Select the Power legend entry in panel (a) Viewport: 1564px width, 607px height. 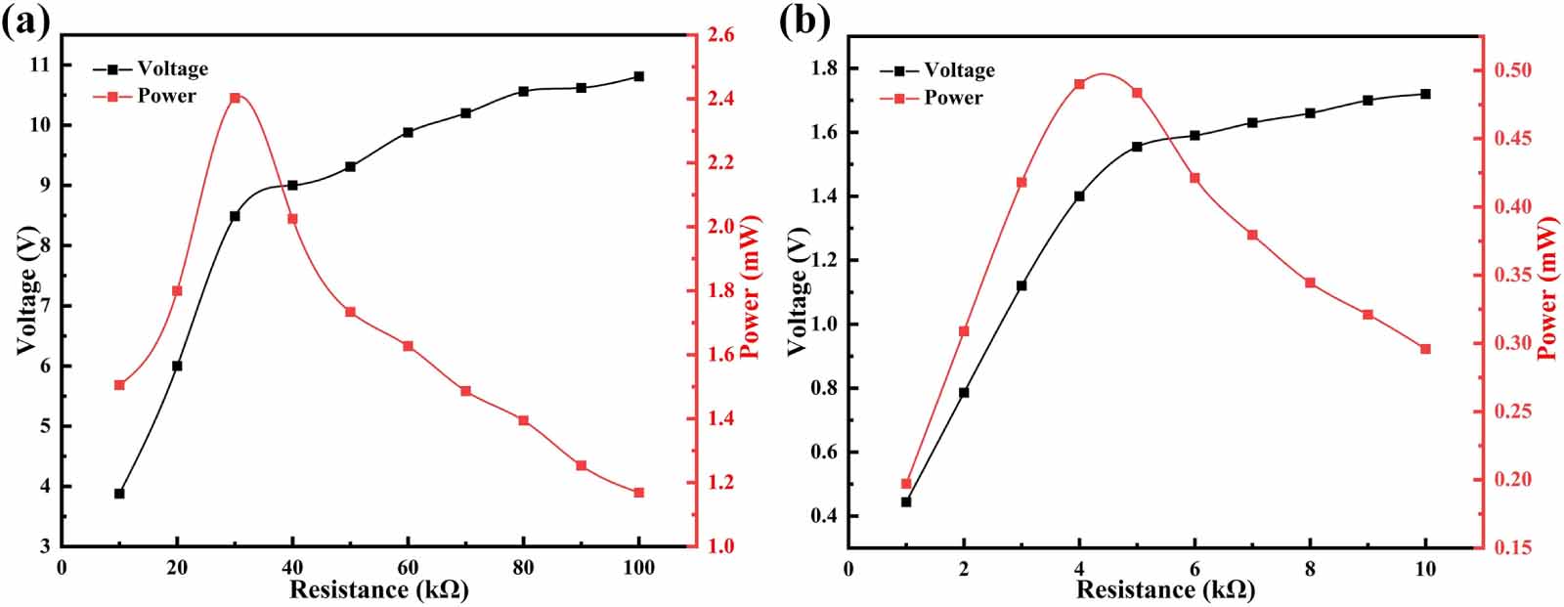click(166, 96)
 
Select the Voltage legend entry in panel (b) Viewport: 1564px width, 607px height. click(959, 70)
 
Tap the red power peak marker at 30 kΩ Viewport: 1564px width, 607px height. click(235, 98)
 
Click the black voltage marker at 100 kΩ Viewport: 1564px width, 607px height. click(639, 76)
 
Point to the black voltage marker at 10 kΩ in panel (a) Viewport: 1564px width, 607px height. click(119, 494)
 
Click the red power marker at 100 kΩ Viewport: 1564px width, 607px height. click(639, 493)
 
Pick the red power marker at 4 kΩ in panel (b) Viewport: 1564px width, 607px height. click(1079, 84)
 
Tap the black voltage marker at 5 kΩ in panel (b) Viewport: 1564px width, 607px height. click(1137, 147)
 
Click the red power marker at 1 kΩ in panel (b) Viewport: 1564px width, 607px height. click(906, 484)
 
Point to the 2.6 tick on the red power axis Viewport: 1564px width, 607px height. click(721, 36)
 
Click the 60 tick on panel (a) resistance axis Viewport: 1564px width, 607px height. click(408, 569)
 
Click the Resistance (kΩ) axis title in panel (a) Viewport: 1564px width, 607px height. click(378, 589)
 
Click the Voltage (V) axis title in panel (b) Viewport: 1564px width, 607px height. click(798, 290)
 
